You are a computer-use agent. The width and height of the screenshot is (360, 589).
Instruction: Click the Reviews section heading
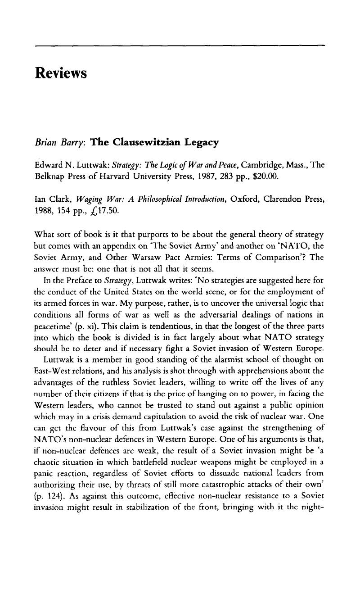(x=60, y=72)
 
